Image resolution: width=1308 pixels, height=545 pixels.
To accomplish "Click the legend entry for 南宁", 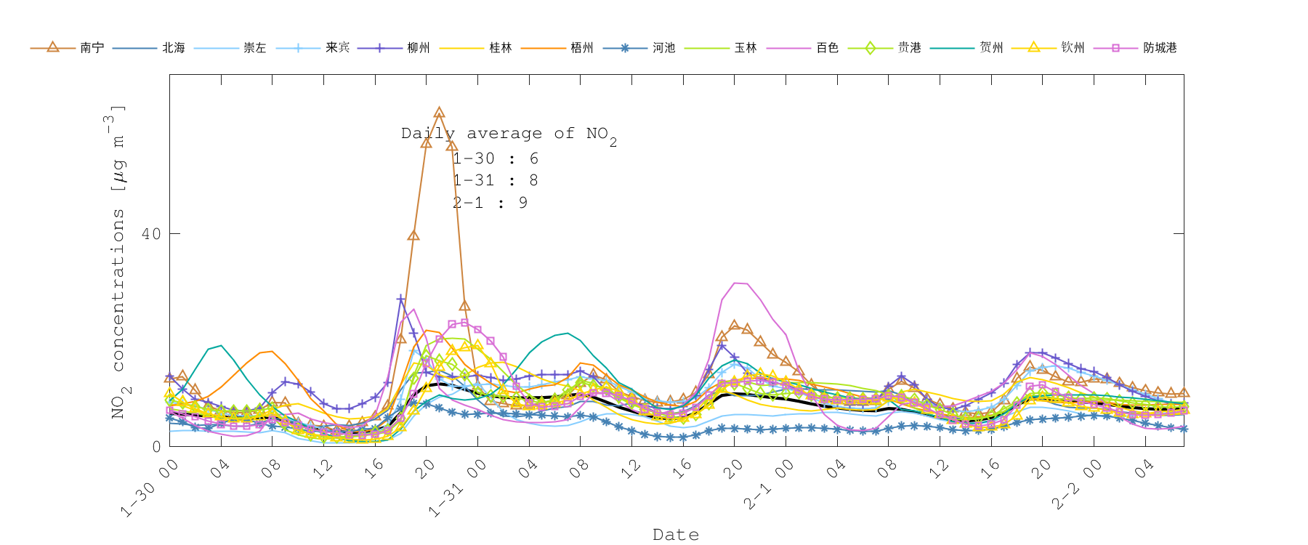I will coord(92,48).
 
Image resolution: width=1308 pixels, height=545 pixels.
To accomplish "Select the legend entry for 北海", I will coord(173,48).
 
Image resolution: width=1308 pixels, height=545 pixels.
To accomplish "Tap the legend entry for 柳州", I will coord(418,48).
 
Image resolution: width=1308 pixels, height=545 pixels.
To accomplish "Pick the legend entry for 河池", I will coord(663,48).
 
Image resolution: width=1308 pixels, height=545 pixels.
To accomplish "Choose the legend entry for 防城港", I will coord(1159,48).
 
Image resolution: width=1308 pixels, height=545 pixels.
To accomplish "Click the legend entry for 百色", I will coord(827,48).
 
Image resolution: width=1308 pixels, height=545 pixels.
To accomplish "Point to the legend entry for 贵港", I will coord(909,48).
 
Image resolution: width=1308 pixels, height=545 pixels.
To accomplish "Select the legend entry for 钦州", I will coord(1073,48).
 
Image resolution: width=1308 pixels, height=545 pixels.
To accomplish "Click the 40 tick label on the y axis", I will coord(151,234).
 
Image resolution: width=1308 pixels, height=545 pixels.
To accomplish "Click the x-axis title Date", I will coord(676,535).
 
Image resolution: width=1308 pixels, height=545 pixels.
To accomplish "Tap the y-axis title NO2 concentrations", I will coord(118,262).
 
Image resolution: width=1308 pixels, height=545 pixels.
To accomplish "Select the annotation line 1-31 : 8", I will coord(495,180).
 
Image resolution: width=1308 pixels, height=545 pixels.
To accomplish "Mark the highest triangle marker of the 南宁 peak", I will coord(439,113).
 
